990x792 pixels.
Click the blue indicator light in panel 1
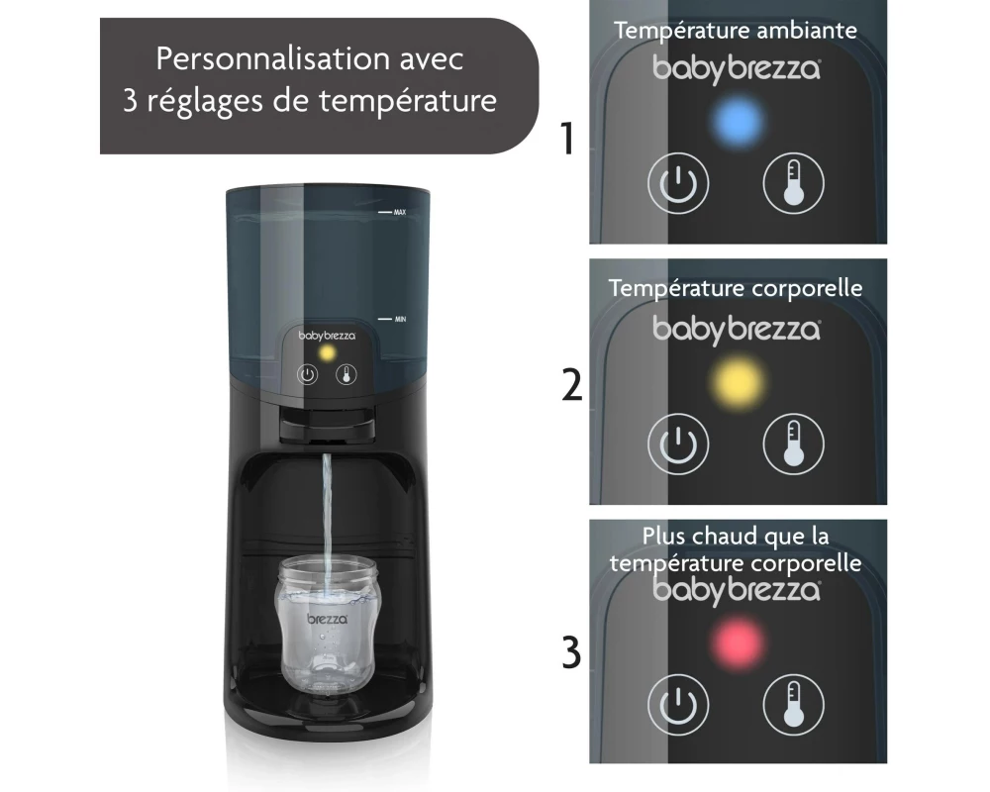(x=738, y=121)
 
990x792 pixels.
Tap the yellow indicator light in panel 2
(x=738, y=381)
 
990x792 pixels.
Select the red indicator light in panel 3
(x=738, y=643)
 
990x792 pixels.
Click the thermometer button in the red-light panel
(x=794, y=704)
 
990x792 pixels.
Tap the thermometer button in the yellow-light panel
(x=794, y=444)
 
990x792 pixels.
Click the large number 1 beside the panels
(x=567, y=139)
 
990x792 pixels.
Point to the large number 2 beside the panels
(x=572, y=385)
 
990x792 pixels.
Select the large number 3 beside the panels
(x=571, y=653)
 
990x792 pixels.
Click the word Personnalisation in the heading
(x=273, y=59)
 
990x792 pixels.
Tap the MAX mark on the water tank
(x=400, y=212)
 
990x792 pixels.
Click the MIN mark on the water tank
(x=400, y=320)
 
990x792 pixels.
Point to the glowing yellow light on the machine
(x=327, y=352)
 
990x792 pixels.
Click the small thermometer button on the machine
(x=346, y=374)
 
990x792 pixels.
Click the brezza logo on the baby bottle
(x=327, y=619)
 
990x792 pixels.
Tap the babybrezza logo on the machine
(x=327, y=336)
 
